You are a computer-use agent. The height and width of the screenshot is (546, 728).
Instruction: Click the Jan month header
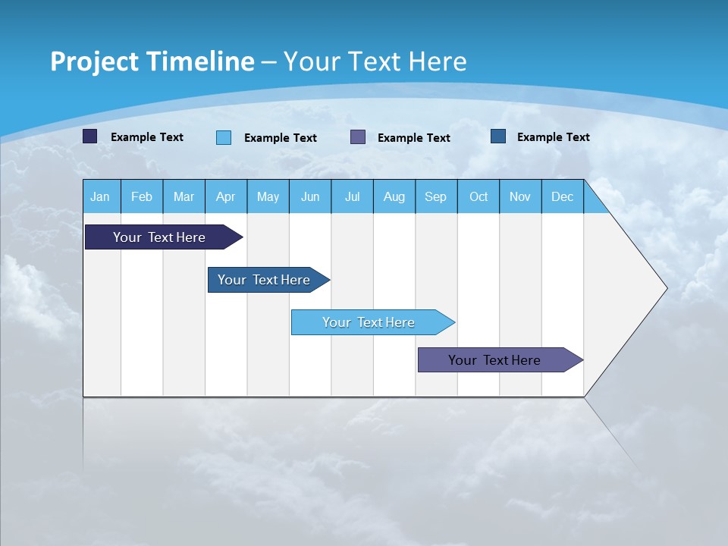click(x=100, y=196)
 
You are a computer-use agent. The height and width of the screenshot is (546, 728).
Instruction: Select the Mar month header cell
click(x=184, y=196)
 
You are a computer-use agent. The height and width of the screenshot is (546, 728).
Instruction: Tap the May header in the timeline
click(x=268, y=196)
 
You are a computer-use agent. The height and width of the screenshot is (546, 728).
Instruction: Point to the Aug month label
click(x=394, y=196)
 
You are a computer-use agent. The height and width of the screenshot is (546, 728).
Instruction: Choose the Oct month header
click(x=479, y=196)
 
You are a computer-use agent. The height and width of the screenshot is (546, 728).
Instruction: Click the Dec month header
click(x=562, y=196)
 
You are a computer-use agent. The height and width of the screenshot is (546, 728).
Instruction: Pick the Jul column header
click(x=352, y=196)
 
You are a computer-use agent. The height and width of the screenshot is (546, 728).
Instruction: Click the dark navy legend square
click(x=90, y=136)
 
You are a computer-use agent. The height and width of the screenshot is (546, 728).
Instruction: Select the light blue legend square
click(x=224, y=137)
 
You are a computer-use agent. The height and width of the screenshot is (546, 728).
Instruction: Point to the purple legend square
click(x=358, y=137)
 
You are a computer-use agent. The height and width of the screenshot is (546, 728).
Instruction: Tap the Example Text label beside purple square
click(x=414, y=138)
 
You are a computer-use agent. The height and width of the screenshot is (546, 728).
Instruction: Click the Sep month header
click(x=435, y=196)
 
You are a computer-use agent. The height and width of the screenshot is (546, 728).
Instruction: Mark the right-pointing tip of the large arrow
click(x=666, y=288)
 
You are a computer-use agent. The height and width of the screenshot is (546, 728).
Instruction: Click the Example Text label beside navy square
click(x=147, y=137)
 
